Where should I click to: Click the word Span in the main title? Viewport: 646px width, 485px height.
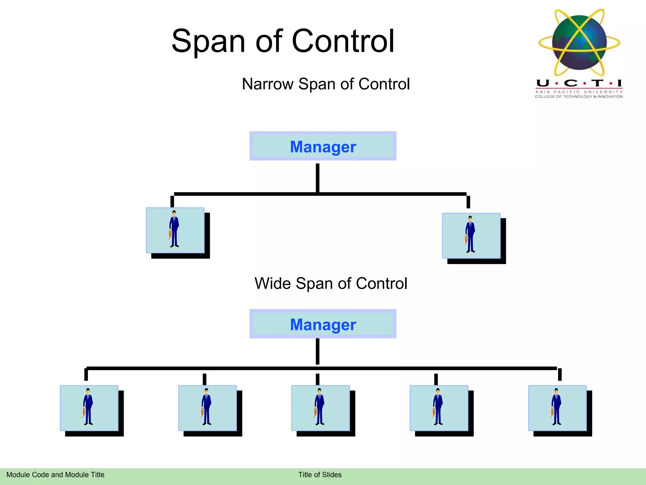pyautogui.click(x=208, y=42)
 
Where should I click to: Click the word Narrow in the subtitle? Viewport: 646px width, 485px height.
pyautogui.click(x=267, y=84)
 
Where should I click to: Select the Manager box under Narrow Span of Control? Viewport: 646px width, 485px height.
pyautogui.click(x=323, y=146)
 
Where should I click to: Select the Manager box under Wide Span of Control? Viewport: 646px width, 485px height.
pyautogui.click(x=323, y=324)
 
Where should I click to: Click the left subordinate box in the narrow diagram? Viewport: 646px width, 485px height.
pyautogui.click(x=175, y=230)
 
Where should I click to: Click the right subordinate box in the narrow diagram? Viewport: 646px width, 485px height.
pyautogui.click(x=471, y=236)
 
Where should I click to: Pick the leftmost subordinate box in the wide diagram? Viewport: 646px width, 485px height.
pyautogui.click(x=89, y=408)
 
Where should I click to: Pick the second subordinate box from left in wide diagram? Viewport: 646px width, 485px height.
pyautogui.click(x=207, y=408)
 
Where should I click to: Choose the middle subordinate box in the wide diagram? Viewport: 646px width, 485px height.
pyautogui.click(x=320, y=408)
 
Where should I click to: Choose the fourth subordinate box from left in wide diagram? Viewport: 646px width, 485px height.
pyautogui.click(x=439, y=408)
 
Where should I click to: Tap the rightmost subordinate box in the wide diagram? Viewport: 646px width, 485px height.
pyautogui.click(x=557, y=408)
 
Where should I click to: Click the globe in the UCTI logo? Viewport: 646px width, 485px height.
pyautogui.click(x=579, y=43)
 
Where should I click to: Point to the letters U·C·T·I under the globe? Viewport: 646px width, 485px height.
pyautogui.click(x=579, y=83)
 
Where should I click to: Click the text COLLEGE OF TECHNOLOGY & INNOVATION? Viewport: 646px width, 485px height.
pyautogui.click(x=579, y=97)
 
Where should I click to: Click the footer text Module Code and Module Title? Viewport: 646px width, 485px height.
pyautogui.click(x=55, y=475)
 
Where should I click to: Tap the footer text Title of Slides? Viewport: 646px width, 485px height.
pyautogui.click(x=320, y=475)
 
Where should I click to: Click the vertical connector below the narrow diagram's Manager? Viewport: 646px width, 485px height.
pyautogui.click(x=317, y=177)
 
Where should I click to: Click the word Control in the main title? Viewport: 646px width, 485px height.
pyautogui.click(x=343, y=42)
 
